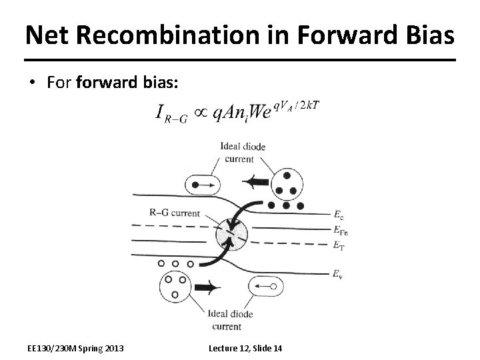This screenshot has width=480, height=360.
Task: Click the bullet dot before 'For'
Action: click(x=33, y=83)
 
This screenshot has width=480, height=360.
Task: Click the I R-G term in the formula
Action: click(x=171, y=113)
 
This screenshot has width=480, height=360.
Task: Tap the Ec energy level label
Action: click(x=339, y=214)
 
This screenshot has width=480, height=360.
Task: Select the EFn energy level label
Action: click(x=340, y=229)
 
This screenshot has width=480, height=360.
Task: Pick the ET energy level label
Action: click(x=339, y=245)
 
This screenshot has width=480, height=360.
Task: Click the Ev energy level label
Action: click(x=339, y=273)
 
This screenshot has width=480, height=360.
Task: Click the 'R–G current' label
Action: click(x=172, y=213)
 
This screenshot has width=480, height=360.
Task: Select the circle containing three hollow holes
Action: click(x=176, y=285)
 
